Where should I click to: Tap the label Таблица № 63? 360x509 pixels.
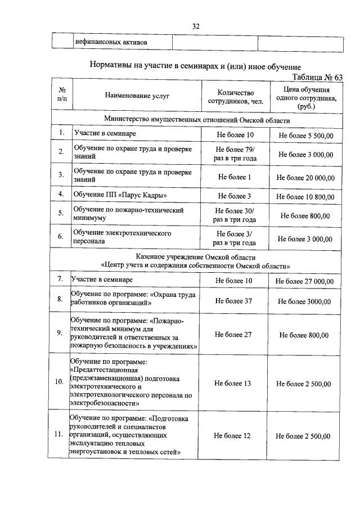click(x=317, y=77)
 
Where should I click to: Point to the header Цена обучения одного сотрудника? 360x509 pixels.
click(x=307, y=97)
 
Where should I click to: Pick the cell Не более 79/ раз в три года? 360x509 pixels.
click(x=235, y=154)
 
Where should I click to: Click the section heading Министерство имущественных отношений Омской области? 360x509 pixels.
click(x=197, y=120)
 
